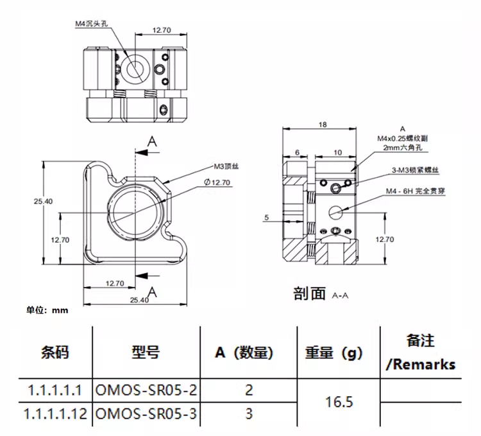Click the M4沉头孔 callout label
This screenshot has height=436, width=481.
tap(92, 24)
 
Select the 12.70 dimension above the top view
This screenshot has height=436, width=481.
tap(162, 30)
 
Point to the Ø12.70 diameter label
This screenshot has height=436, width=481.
tap(217, 182)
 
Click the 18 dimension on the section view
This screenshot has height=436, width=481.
tap(323, 125)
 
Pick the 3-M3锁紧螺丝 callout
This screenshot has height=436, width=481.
tap(415, 170)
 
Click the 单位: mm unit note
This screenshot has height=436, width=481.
tap(47, 310)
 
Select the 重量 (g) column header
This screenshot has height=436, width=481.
tap(333, 353)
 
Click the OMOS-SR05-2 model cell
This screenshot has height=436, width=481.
tap(146, 390)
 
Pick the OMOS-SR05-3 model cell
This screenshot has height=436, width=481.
tap(146, 414)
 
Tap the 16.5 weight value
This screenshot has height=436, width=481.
tap(340, 402)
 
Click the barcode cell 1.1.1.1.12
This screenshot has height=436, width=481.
tap(55, 414)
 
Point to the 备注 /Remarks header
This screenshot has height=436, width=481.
tap(421, 352)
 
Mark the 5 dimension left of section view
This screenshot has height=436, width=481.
tap(265, 218)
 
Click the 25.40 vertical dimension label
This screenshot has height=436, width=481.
tap(43, 201)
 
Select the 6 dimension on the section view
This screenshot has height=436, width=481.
tap(297, 152)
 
